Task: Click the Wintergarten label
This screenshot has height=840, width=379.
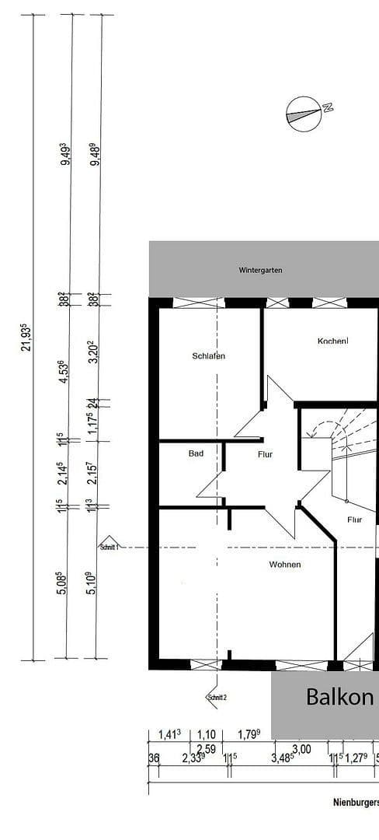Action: click(x=260, y=271)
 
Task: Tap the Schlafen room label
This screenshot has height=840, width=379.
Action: click(x=209, y=355)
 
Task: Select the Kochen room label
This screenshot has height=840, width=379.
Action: click(x=332, y=341)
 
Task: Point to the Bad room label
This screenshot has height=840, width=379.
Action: click(x=196, y=453)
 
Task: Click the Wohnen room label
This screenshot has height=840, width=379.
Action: click(x=285, y=564)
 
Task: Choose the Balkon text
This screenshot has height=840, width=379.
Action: click(x=339, y=696)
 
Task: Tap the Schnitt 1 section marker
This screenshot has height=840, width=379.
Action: click(x=109, y=544)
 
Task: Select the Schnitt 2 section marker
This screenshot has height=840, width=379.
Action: click(x=216, y=696)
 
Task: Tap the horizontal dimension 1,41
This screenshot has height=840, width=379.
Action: click(x=169, y=733)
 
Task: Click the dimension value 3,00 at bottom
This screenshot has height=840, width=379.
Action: click(x=301, y=748)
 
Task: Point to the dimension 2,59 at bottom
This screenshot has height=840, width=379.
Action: click(x=206, y=748)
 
